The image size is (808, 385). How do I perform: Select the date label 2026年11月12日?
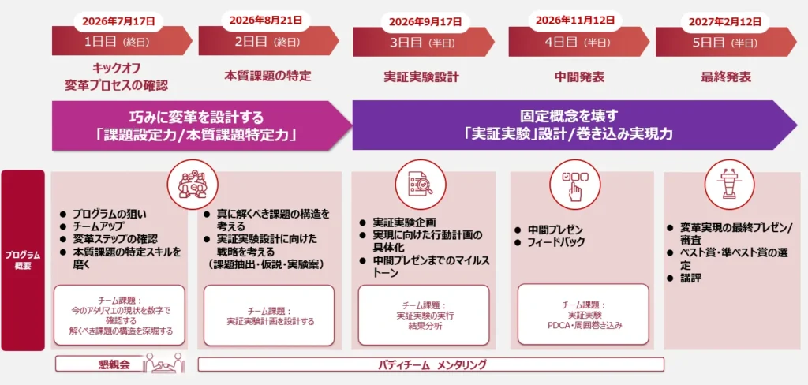575,21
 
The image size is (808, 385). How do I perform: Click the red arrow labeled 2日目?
268,41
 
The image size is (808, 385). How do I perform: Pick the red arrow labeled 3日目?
423,43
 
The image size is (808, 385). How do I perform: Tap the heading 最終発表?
726,77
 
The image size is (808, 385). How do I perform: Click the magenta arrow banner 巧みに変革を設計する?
201,125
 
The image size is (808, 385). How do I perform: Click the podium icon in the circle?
730,184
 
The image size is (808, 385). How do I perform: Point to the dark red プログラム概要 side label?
23,260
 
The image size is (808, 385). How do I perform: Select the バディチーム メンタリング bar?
431,365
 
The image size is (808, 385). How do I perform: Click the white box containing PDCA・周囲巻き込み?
583,314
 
